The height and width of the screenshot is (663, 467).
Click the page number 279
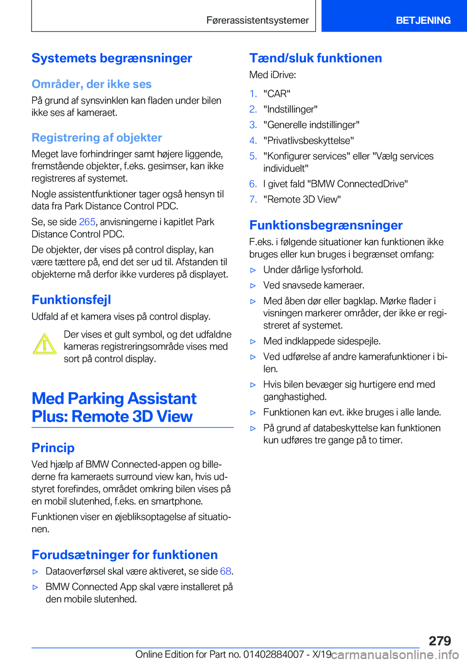440,641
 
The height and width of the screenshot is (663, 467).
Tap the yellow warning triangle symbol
45,344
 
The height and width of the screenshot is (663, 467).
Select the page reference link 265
87,222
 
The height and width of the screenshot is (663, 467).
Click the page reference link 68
225,571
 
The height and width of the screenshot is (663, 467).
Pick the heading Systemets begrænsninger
112,58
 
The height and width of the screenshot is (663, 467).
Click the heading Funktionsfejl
72,300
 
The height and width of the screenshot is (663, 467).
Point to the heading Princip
53,448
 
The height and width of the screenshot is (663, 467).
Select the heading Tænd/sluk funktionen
316,58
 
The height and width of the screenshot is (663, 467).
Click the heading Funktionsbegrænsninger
326,225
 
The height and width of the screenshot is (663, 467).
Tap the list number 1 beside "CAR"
253,94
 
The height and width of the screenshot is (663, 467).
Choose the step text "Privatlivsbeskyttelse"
308,141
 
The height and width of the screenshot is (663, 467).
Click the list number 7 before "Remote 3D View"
253,200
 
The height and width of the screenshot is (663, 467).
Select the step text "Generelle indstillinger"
311,125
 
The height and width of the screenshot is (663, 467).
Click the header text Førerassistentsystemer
257,20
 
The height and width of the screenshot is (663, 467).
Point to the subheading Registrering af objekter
97,138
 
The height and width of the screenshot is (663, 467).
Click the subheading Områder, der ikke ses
91,84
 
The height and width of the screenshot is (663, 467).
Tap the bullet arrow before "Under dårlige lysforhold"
253,270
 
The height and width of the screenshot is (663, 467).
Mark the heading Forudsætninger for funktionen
125,555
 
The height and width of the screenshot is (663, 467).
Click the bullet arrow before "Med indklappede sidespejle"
253,342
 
